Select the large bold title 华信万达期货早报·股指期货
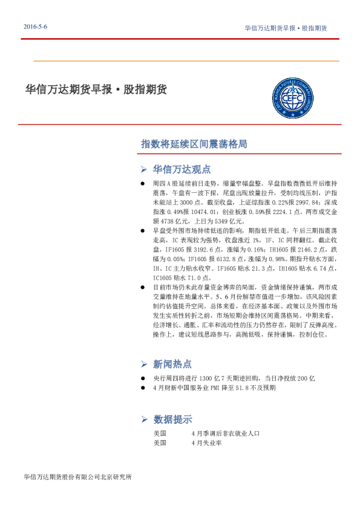coord(96,89)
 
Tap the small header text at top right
coord(286,28)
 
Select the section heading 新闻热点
coord(172,364)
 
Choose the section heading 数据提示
coord(172,420)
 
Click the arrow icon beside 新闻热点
coord(144,364)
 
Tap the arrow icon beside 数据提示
coord(144,420)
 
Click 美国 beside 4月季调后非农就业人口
coord(160,433)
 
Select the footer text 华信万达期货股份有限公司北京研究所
coord(76,477)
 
